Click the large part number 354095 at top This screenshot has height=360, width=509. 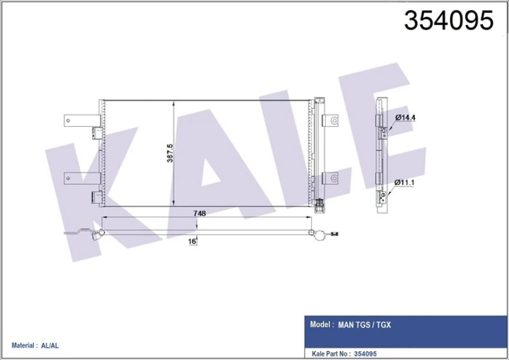pyautogui.click(x=448, y=21)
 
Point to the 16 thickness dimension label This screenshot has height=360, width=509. pyautogui.click(x=192, y=242)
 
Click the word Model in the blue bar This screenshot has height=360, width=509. pyautogui.click(x=320, y=325)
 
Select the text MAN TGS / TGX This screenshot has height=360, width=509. pyautogui.click(x=364, y=325)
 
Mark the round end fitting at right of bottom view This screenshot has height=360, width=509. pyautogui.click(x=319, y=236)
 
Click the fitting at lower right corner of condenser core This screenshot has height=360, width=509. pyautogui.click(x=320, y=205)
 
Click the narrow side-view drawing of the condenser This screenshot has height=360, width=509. pyautogui.click(x=381, y=154)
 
